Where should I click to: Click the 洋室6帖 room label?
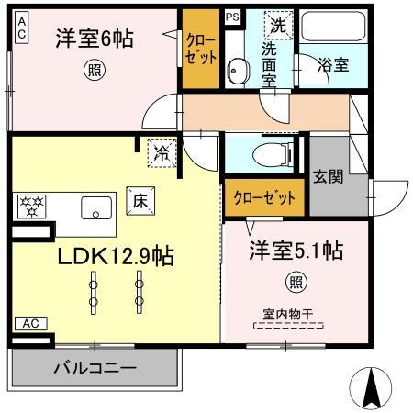[x=94, y=39]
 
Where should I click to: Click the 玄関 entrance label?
[x=328, y=177]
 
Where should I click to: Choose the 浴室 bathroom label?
[x=332, y=65]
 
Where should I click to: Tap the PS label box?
[x=232, y=16]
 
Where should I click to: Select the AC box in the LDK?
[x=28, y=323]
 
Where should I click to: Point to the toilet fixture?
[x=272, y=155]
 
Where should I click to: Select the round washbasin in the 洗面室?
[x=238, y=68]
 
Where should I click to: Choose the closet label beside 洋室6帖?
[x=200, y=48]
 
